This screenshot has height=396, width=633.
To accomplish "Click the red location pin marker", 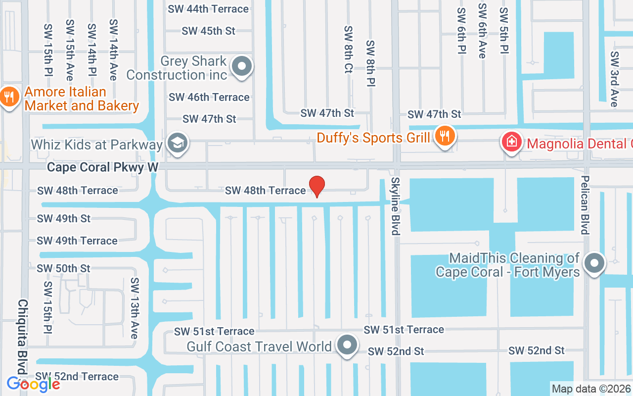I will pyautogui.click(x=316, y=186).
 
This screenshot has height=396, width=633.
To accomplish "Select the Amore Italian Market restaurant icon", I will pyautogui.click(x=9, y=97).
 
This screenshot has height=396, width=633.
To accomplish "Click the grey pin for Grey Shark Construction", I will pyautogui.click(x=242, y=66).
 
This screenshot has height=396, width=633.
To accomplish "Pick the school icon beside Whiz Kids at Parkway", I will pyautogui.click(x=176, y=143).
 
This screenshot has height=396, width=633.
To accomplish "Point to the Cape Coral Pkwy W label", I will pyautogui.click(x=102, y=168).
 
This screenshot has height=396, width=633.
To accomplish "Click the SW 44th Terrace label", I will pyautogui.click(x=208, y=9).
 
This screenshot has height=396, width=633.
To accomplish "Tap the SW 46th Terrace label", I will pyautogui.click(x=209, y=97).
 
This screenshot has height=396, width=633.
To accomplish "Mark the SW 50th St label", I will pyautogui.click(x=64, y=268).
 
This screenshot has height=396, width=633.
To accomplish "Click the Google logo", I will pyautogui.click(x=33, y=384).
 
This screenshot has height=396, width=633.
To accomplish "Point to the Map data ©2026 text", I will pyautogui.click(x=591, y=389).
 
